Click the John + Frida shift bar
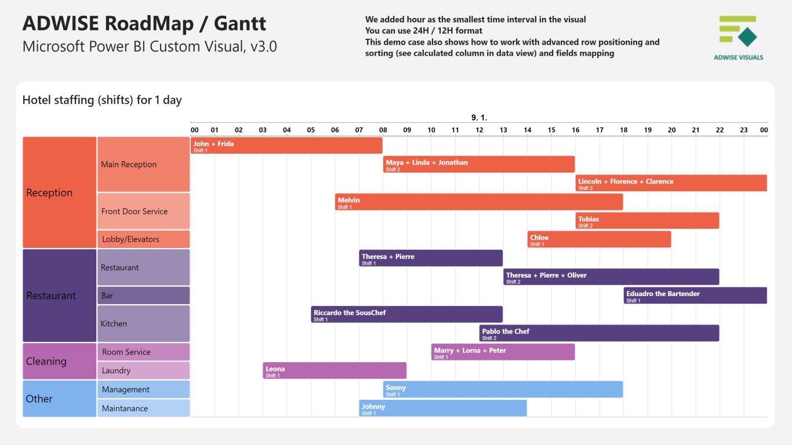[286, 145]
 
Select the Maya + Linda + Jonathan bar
[479, 165]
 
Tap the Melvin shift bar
[479, 202]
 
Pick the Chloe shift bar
[600, 239]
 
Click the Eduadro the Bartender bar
[695, 296]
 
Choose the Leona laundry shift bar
[335, 371]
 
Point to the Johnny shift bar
[443, 408]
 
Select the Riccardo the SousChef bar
[406, 315]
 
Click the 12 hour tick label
[479, 130]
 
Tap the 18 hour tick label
[624, 130]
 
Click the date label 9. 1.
[479, 118]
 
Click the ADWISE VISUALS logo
[738, 38]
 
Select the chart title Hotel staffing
[102, 100]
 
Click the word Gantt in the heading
[240, 23]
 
